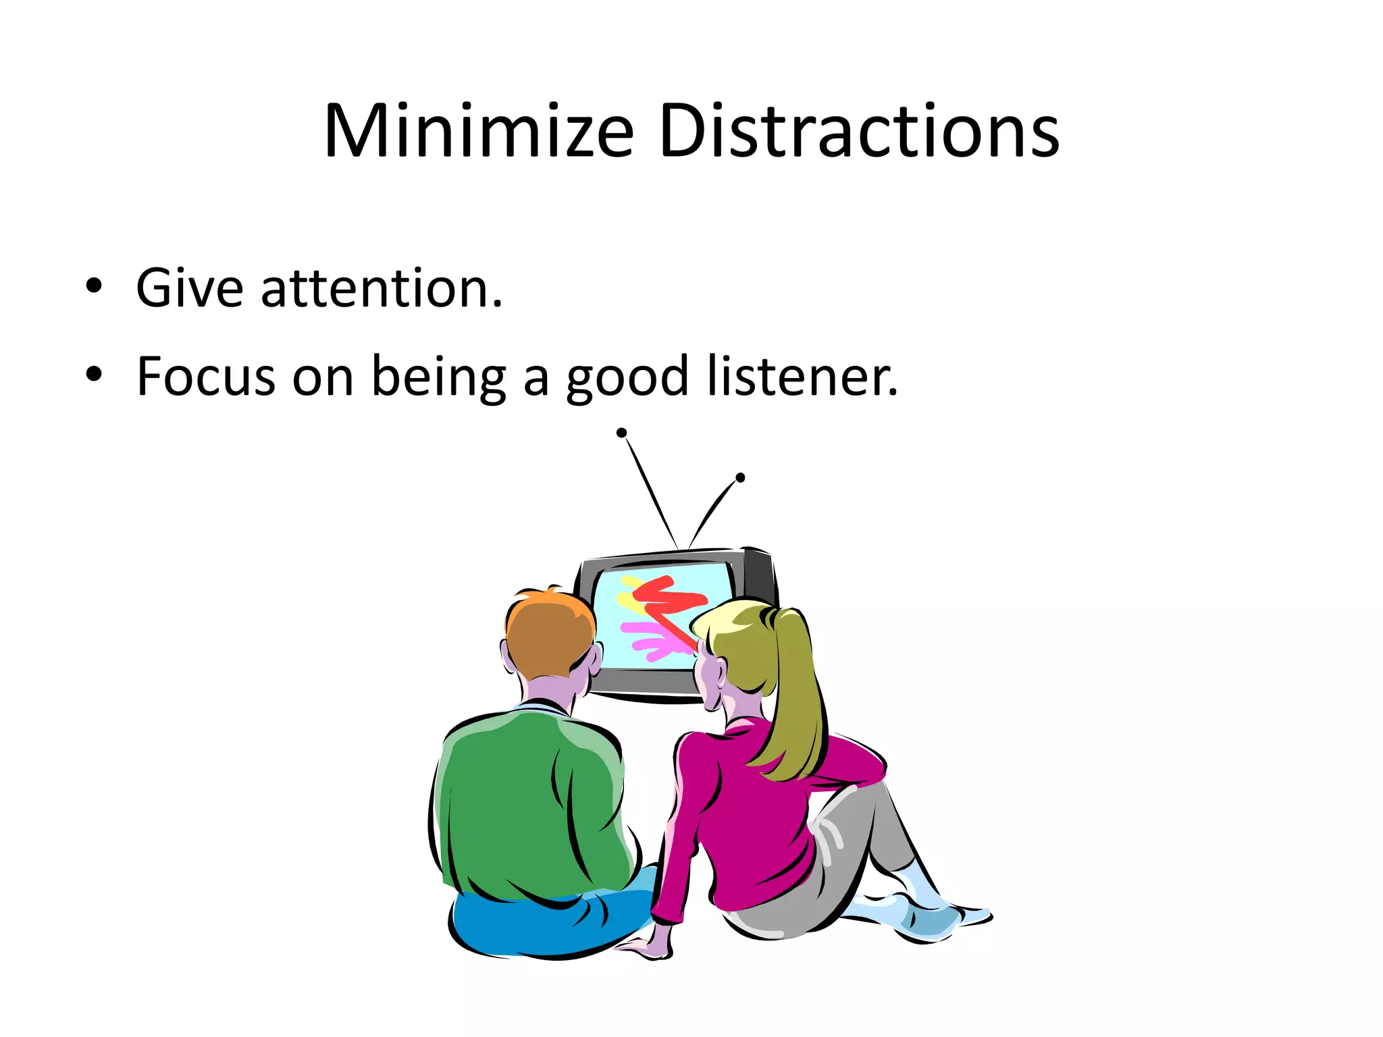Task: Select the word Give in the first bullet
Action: tap(189, 288)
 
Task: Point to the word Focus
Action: tap(205, 376)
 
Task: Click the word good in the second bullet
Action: tap(627, 378)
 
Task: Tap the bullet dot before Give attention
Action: tap(94, 286)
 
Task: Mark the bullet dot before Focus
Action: tap(94, 374)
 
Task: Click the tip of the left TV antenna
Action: tap(622, 433)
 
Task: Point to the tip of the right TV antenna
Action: tap(740, 478)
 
